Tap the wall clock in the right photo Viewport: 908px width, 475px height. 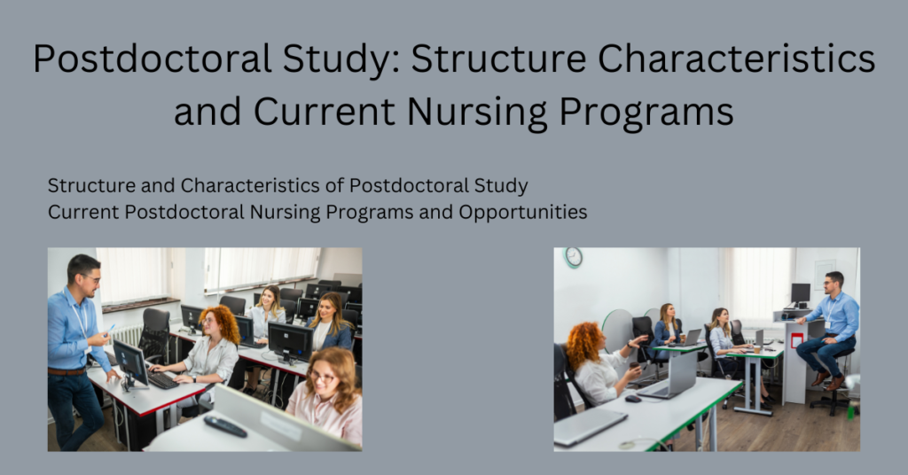pyautogui.click(x=574, y=257)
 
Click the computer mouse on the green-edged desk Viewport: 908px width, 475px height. pyautogui.click(x=632, y=399)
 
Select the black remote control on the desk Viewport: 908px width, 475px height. pyautogui.click(x=225, y=426)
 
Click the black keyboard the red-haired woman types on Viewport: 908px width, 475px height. pyautogui.click(x=163, y=379)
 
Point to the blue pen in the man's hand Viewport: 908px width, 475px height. pyautogui.click(x=110, y=330)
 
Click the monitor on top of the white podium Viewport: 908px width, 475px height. pyautogui.click(x=801, y=294)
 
